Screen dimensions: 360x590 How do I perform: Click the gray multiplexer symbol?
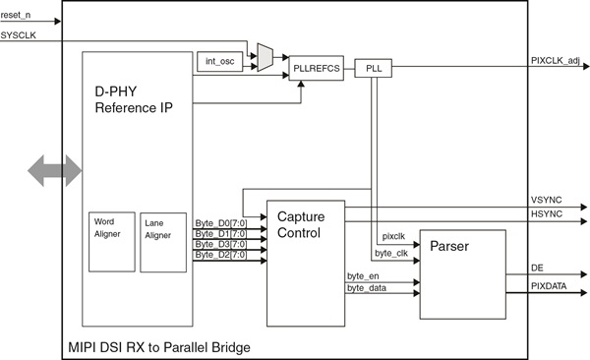point(264,57)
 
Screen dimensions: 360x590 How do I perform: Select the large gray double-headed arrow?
point(55,170)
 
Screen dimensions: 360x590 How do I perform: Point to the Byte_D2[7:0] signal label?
point(220,255)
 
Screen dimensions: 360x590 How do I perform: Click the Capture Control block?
point(306,263)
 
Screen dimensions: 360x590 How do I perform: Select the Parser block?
point(462,274)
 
